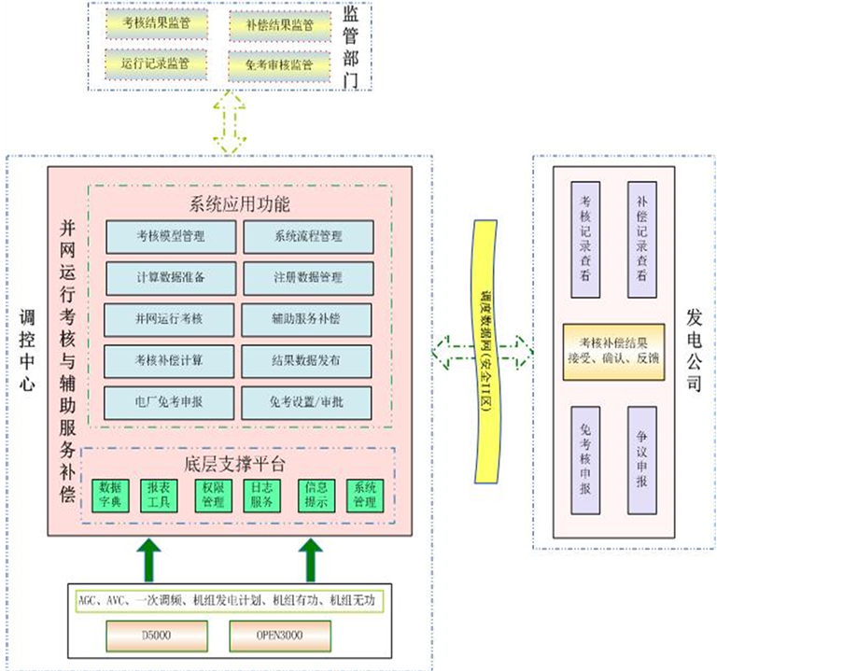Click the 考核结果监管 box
(x=149, y=24)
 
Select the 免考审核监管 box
(x=278, y=64)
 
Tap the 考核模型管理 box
(x=170, y=236)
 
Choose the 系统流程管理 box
(x=308, y=236)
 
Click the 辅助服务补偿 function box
(x=308, y=319)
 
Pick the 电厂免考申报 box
(x=170, y=402)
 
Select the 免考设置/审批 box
(x=308, y=402)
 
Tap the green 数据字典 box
(x=110, y=495)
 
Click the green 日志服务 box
(x=261, y=495)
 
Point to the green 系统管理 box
(x=364, y=495)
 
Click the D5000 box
(x=155, y=636)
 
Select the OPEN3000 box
(x=278, y=636)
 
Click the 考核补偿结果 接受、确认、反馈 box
(x=613, y=351)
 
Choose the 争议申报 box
(x=642, y=460)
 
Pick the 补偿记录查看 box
(x=642, y=239)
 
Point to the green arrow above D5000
(x=149, y=559)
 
